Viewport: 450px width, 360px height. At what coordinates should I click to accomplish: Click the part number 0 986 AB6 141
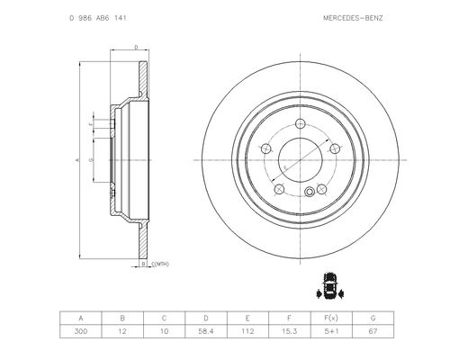pos(98,18)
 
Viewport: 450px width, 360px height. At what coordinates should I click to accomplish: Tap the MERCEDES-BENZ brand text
pos(353,18)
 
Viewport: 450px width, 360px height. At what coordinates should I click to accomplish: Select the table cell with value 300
pos(81,331)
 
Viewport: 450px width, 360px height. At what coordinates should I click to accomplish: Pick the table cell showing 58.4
pos(206,331)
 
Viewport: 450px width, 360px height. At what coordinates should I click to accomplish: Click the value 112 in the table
pos(247,331)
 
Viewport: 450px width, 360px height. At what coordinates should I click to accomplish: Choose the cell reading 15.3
pos(290,331)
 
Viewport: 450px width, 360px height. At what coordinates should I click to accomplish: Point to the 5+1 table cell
pos(331,331)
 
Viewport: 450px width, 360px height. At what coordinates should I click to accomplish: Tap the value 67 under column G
pos(373,331)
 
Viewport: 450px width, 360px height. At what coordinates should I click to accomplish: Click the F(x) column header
pos(331,318)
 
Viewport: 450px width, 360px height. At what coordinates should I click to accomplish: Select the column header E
pos(247,318)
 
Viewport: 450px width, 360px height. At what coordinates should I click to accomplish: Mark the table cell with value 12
pos(122,331)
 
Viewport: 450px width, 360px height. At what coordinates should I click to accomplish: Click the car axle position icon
pos(330,286)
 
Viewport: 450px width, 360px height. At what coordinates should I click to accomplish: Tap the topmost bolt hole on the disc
pos(301,123)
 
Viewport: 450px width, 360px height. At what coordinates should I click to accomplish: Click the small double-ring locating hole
pos(310,192)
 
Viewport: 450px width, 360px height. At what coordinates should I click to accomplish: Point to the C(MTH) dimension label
pos(160,264)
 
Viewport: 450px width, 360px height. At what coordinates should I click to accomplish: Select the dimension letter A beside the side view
pos(78,160)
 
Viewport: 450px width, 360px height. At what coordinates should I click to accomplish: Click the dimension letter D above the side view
pos(136,47)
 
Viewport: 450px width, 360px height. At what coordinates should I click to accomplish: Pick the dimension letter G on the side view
pos(91,160)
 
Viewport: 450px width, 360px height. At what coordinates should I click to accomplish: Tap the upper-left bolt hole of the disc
pos(265,148)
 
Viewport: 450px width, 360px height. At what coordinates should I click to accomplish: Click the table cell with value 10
pos(164,331)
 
